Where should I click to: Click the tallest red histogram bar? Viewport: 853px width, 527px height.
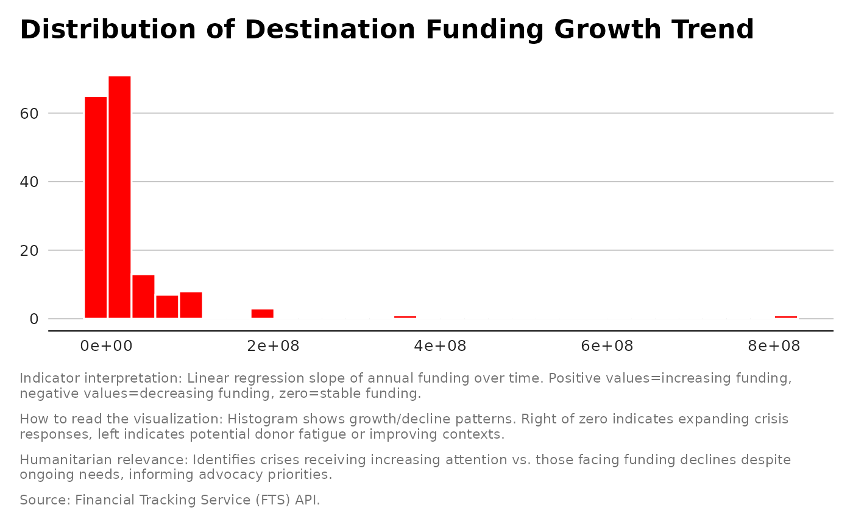[x=119, y=197]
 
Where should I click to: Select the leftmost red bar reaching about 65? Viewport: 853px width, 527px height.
[x=96, y=207]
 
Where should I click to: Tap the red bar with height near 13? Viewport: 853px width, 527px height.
[x=143, y=297]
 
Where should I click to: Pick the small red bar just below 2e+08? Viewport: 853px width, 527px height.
[x=263, y=314]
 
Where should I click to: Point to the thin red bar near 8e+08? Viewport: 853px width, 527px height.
[x=786, y=317]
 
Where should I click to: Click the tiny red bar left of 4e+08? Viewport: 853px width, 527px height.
[x=405, y=317]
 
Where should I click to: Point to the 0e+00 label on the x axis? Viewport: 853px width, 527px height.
[x=107, y=347]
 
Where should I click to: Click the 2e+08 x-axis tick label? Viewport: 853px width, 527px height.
[x=274, y=347]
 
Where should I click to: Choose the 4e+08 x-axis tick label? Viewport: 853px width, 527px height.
[x=440, y=347]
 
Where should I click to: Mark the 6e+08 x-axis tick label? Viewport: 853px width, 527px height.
[x=607, y=347]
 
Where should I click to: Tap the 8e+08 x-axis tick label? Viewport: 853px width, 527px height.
[x=774, y=347]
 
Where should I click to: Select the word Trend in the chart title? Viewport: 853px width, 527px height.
[x=712, y=30]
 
